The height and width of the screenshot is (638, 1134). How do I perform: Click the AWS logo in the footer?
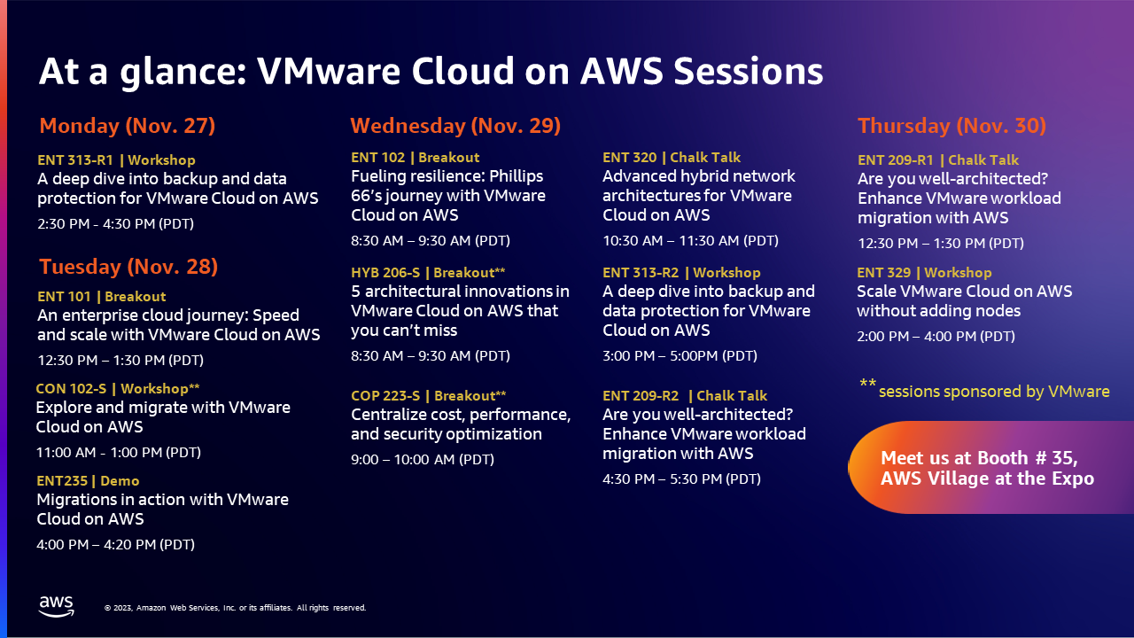click(56, 606)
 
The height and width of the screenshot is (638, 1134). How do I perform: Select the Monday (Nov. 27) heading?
click(127, 126)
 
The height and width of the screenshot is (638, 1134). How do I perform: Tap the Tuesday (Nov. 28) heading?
click(128, 267)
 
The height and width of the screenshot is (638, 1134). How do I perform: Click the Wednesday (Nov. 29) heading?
click(455, 126)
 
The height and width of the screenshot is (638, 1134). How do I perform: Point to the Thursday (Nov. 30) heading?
click(951, 126)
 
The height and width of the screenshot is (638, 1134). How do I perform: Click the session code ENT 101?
click(65, 296)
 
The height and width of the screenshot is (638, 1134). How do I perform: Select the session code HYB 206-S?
click(385, 272)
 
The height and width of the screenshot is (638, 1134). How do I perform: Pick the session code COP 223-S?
click(385, 395)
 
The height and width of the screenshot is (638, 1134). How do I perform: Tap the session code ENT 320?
click(629, 158)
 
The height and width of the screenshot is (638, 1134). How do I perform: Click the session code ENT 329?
click(884, 272)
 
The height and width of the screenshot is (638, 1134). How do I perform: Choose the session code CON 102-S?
click(71, 388)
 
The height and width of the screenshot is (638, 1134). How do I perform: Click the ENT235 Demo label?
click(88, 480)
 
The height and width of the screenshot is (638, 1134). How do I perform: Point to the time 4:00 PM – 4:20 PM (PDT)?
click(115, 544)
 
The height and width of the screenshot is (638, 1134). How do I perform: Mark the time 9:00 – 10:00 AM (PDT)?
click(423, 459)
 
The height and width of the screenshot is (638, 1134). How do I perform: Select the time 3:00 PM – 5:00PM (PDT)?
click(680, 356)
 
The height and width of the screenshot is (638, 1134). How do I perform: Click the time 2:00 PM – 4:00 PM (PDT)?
click(936, 336)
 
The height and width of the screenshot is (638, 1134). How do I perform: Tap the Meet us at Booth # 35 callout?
click(987, 468)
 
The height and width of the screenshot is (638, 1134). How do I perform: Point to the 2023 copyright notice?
click(235, 608)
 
